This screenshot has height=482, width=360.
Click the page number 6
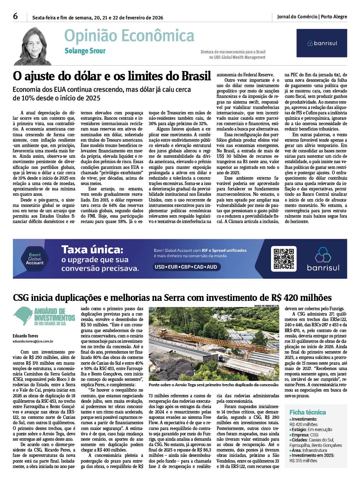click(x=15, y=16)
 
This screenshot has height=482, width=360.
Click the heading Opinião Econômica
click(x=129, y=36)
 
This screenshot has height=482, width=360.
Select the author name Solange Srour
click(x=85, y=51)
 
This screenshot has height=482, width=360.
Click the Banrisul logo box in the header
click(x=322, y=43)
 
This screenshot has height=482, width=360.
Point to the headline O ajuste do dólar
click(x=112, y=76)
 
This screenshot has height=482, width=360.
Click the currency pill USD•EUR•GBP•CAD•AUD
click(x=186, y=267)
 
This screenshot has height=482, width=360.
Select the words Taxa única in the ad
click(x=92, y=249)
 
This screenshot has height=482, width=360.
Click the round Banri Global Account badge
click(x=35, y=259)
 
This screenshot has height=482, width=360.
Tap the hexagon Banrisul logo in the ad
click(x=323, y=255)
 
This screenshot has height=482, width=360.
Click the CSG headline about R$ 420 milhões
click(x=172, y=298)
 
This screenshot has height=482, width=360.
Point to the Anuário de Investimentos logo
click(x=44, y=316)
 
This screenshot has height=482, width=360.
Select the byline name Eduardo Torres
click(x=25, y=336)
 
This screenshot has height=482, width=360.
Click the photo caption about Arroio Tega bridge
click(x=213, y=385)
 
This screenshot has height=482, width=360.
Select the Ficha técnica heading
click(x=308, y=412)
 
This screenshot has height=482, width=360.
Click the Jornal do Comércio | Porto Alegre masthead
click(x=312, y=16)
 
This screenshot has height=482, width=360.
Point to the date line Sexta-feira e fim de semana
click(x=98, y=18)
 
